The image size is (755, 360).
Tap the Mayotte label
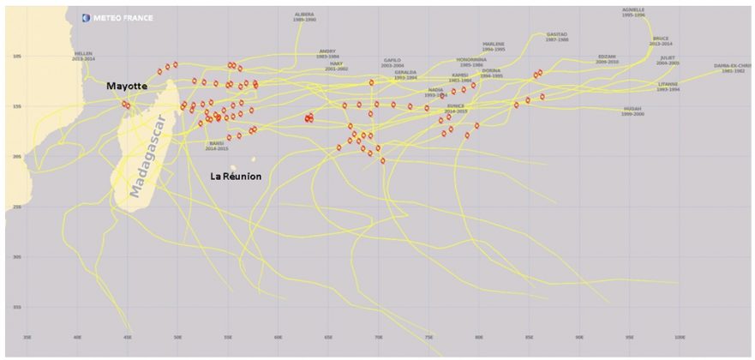click(x=127, y=87)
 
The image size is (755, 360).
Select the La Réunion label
click(x=236, y=176)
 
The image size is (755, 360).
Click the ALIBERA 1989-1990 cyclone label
click(x=304, y=16)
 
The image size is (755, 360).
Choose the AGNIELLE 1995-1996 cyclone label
click(x=634, y=12)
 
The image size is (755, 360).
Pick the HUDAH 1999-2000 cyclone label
click(x=632, y=111)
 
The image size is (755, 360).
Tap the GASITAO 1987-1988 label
click(x=557, y=37)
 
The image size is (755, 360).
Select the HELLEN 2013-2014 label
click(x=83, y=56)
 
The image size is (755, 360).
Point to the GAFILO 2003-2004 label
click(x=392, y=63)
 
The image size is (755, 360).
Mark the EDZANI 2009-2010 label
click(x=607, y=59)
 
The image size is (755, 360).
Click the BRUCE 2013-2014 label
click(x=661, y=40)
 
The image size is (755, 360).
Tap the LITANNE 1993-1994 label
click(x=668, y=86)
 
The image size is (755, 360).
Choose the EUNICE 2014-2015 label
click(x=456, y=108)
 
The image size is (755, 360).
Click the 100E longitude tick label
click(x=680, y=338)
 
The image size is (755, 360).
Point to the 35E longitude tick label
click(x=27, y=338)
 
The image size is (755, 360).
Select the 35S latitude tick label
click(x=17, y=307)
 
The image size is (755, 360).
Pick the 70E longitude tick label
click(x=379, y=338)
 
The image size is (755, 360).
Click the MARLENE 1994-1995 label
click(x=494, y=45)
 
